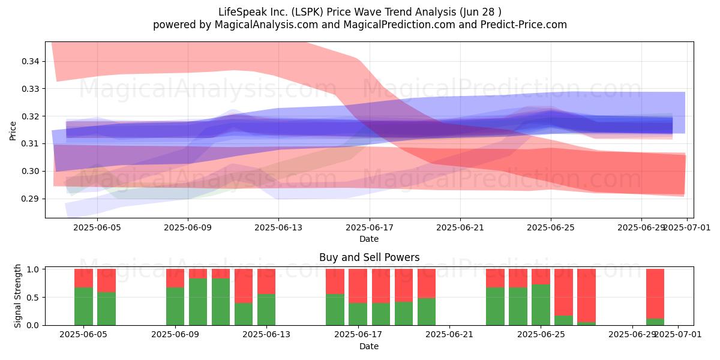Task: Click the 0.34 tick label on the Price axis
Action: click(31, 61)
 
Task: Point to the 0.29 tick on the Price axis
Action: click(31, 199)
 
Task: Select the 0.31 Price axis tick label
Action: click(31, 143)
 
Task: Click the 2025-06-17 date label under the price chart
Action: click(370, 227)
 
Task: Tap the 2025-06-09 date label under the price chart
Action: click(188, 227)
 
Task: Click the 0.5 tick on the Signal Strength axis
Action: click(32, 298)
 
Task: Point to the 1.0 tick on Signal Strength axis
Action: click(32, 269)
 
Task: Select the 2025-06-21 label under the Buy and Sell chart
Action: click(449, 335)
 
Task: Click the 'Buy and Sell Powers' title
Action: click(370, 257)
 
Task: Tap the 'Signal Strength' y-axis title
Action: click(17, 296)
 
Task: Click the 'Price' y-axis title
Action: click(13, 131)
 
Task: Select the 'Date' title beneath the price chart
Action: click(369, 239)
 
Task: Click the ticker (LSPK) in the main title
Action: click(307, 12)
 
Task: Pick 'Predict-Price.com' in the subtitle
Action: click(524, 25)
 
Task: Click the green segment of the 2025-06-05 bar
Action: click(83, 307)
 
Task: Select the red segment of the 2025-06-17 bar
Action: click(358, 286)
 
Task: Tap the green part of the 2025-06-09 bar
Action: click(175, 307)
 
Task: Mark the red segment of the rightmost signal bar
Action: click(655, 294)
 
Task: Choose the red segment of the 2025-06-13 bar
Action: click(266, 281)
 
